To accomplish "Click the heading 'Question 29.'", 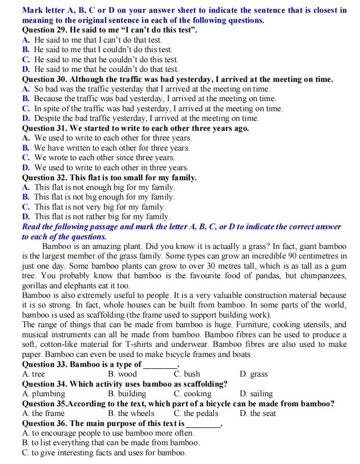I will (x=44, y=30).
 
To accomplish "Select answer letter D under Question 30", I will (x=26, y=119).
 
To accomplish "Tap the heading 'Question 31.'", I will (x=44, y=129).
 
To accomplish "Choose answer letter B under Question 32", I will (x=26, y=197).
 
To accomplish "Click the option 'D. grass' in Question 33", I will (x=253, y=374).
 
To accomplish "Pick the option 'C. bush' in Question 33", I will (x=187, y=374).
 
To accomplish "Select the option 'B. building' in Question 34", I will (x=127, y=394).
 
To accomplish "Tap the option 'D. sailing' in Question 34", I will (x=256, y=394).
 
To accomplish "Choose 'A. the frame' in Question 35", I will (x=43, y=414).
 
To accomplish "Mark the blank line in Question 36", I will (x=203, y=424).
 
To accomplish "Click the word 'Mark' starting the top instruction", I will (x=32, y=10).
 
